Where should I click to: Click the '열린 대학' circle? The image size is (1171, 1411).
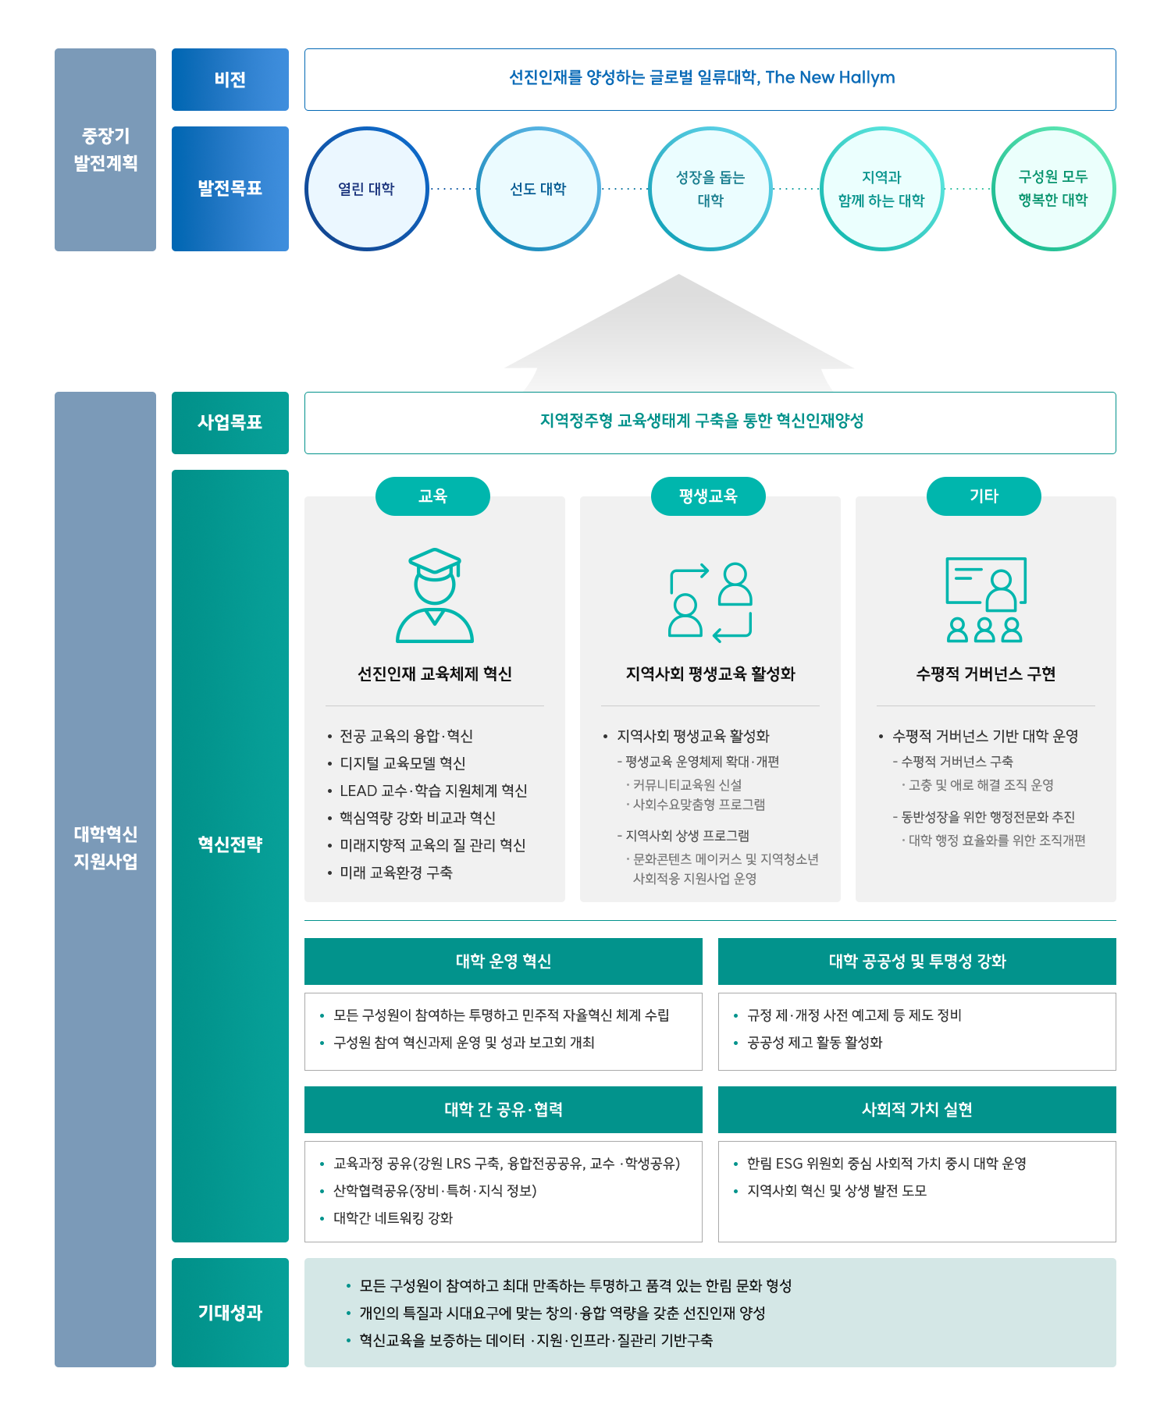tap(366, 189)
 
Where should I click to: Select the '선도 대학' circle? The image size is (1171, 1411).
tap(538, 189)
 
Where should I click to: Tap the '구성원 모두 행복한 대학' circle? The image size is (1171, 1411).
tap(1053, 189)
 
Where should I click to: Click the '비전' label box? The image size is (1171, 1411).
tap(230, 80)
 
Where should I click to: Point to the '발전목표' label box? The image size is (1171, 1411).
tap(230, 189)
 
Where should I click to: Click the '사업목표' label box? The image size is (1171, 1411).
tap(230, 422)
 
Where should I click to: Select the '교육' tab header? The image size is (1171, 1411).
tap(432, 496)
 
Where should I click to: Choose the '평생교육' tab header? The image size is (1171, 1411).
tap(708, 496)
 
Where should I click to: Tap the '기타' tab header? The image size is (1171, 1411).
tap(984, 496)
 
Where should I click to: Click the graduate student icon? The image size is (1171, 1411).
tap(435, 595)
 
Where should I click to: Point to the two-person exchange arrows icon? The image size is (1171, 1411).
tap(710, 600)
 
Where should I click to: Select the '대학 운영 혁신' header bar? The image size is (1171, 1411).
tap(503, 961)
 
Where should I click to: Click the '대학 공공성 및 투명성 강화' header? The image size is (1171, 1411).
tap(917, 961)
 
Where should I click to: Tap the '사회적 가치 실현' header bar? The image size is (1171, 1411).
tap(917, 1109)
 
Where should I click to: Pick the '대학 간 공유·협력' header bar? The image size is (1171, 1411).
tap(503, 1109)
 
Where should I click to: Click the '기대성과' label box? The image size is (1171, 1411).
tap(230, 1312)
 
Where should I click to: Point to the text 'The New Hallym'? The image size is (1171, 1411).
tap(830, 77)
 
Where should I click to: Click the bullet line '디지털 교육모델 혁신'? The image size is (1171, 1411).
tap(402, 763)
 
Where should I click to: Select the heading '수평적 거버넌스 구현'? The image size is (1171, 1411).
tap(985, 674)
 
